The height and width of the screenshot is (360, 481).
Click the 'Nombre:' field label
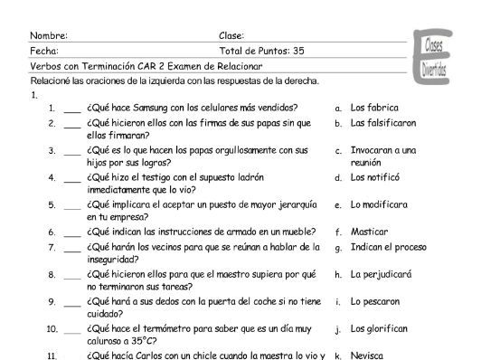click(49, 35)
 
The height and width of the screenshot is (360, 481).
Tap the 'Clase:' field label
click(233, 35)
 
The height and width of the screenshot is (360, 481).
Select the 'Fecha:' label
click(44, 51)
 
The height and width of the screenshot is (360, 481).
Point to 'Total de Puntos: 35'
click(261, 51)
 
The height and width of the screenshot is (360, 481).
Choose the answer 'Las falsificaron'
click(383, 122)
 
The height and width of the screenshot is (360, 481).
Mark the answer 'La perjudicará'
click(381, 274)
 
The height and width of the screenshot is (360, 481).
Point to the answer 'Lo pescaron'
click(375, 301)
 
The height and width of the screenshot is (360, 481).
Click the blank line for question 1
click(71, 109)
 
